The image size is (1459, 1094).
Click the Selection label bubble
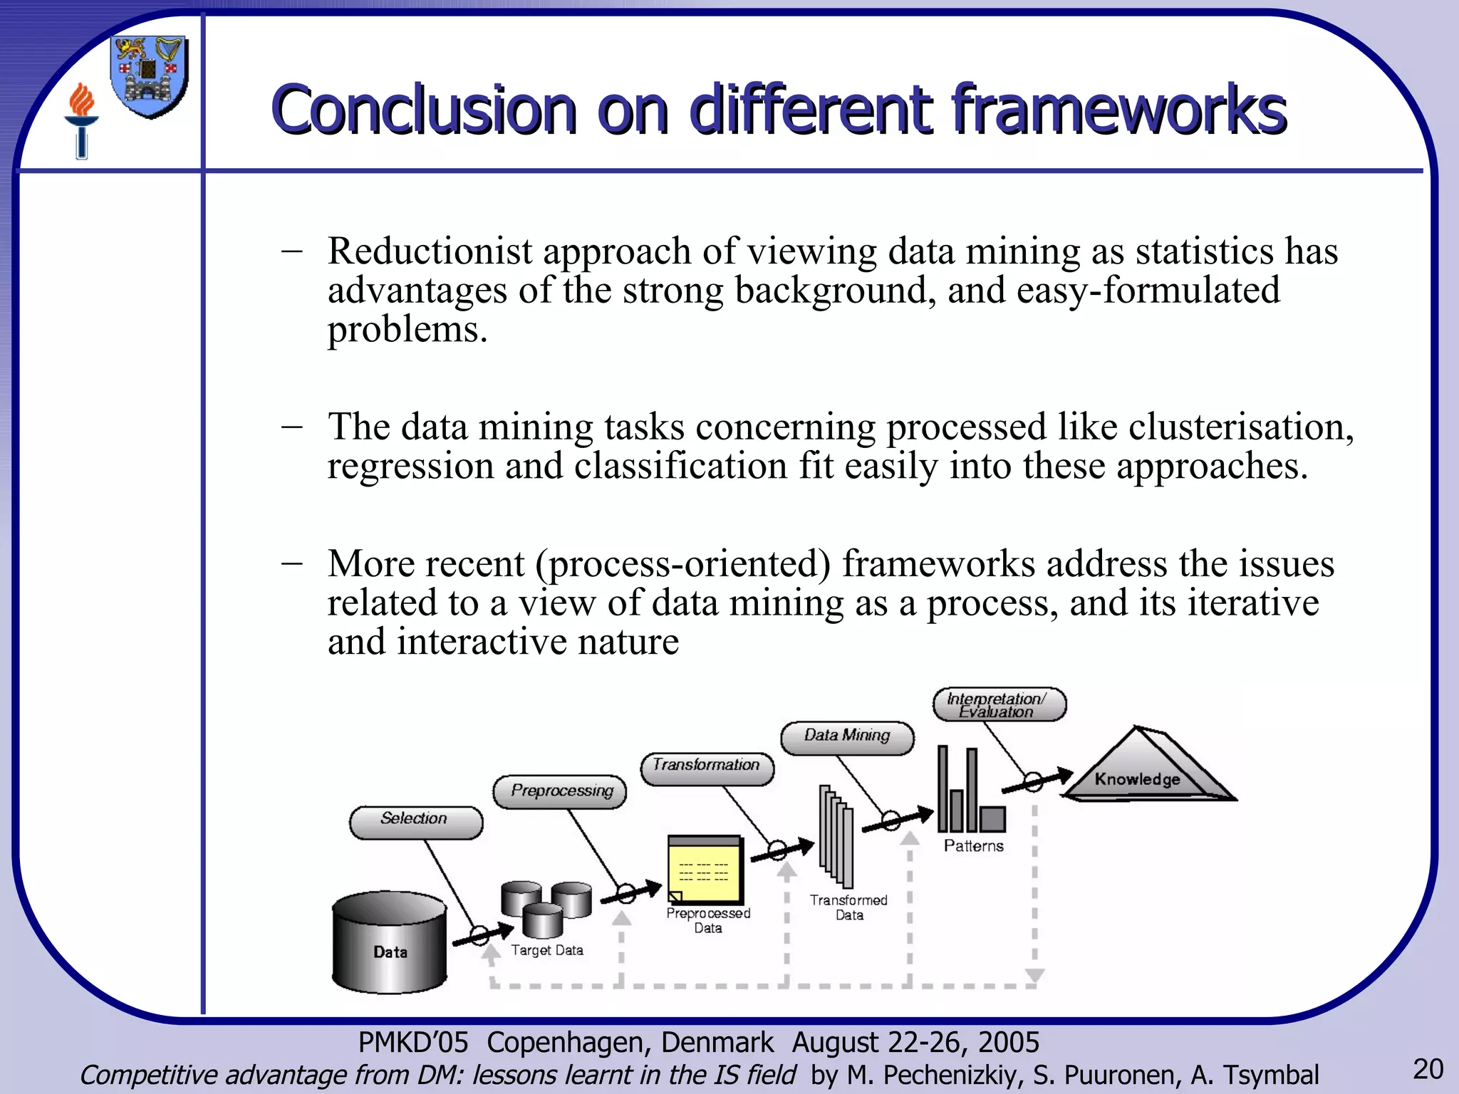[415, 822]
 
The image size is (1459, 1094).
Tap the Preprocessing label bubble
[560, 792]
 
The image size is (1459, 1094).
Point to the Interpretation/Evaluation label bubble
[999, 704]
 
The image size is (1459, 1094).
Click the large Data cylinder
[389, 942]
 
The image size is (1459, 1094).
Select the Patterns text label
[973, 846]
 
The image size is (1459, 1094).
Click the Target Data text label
[547, 950]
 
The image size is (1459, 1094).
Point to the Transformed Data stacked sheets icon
[836, 835]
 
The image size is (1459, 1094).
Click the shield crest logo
[150, 75]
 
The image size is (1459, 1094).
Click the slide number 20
[1428, 1069]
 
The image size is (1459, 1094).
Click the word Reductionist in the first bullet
[430, 251]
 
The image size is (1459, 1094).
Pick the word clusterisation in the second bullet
[1240, 427]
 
